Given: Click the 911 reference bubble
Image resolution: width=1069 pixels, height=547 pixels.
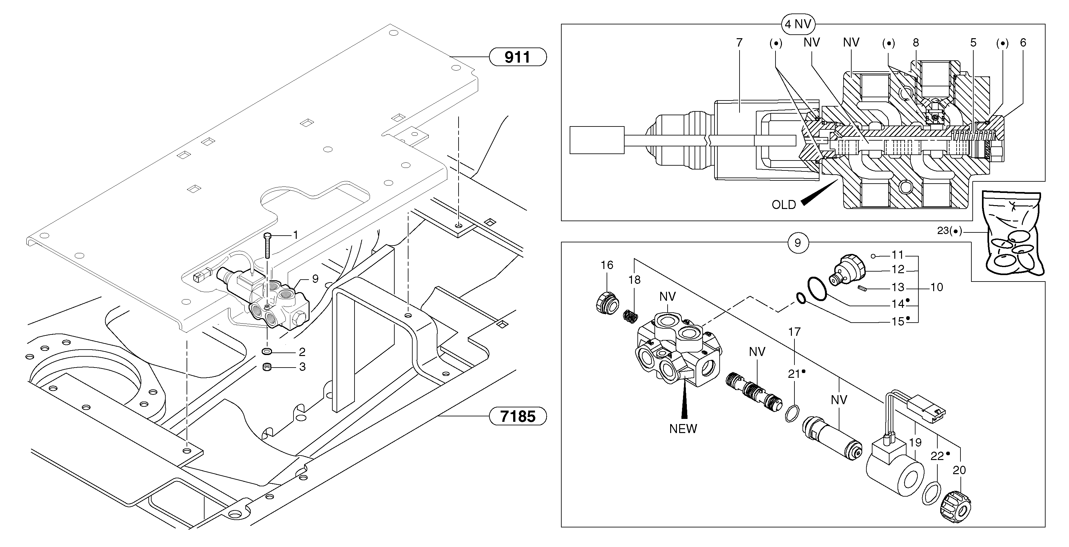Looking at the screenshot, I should (518, 57).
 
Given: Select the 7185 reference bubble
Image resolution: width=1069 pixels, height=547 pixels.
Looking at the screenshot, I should (518, 416).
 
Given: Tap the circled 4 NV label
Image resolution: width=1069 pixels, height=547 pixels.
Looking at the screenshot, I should (797, 24).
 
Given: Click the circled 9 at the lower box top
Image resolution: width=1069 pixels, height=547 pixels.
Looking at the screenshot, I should (797, 243).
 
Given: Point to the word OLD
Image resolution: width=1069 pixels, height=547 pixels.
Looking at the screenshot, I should (784, 205).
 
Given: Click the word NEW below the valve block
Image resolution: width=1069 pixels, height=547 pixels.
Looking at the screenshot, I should (683, 429).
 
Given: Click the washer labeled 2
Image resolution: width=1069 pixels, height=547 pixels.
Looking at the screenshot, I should (267, 352).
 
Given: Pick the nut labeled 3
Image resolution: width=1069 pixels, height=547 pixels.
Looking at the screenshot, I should (267, 367).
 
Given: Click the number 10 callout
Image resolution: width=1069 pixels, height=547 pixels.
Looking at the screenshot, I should (937, 287).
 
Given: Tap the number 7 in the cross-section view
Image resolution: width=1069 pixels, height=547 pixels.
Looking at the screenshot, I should (739, 42).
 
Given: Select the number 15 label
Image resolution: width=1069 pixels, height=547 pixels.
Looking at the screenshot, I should (898, 322).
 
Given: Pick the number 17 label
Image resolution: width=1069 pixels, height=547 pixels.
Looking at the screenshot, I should (794, 332).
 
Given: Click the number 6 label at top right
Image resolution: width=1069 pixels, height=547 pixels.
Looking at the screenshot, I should (1022, 42).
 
